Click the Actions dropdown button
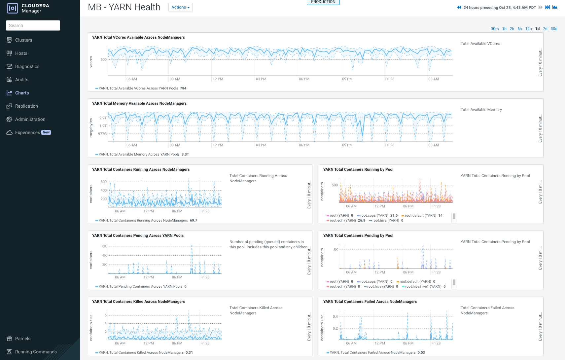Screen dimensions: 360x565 (180, 7)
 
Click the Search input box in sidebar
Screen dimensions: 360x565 (33, 25)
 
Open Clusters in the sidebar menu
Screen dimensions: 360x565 (23, 40)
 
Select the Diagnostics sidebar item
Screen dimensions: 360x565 (27, 66)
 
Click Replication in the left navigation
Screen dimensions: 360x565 (26, 106)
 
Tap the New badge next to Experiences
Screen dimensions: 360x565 (46, 132)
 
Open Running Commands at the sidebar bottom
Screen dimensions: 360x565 (36, 352)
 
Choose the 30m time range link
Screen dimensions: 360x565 (494, 29)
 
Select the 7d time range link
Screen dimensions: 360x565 (545, 29)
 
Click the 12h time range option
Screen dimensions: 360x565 (528, 29)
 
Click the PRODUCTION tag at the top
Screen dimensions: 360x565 (323, 2)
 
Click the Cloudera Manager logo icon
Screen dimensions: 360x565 (13, 8)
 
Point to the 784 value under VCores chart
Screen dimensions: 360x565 (183, 88)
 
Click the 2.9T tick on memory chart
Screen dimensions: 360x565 (103, 118)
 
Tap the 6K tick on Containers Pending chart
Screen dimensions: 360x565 (104, 246)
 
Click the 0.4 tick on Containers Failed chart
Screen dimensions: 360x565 (335, 316)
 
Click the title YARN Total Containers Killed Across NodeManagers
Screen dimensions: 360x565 (138, 302)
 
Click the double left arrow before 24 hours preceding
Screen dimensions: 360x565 (459, 7)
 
